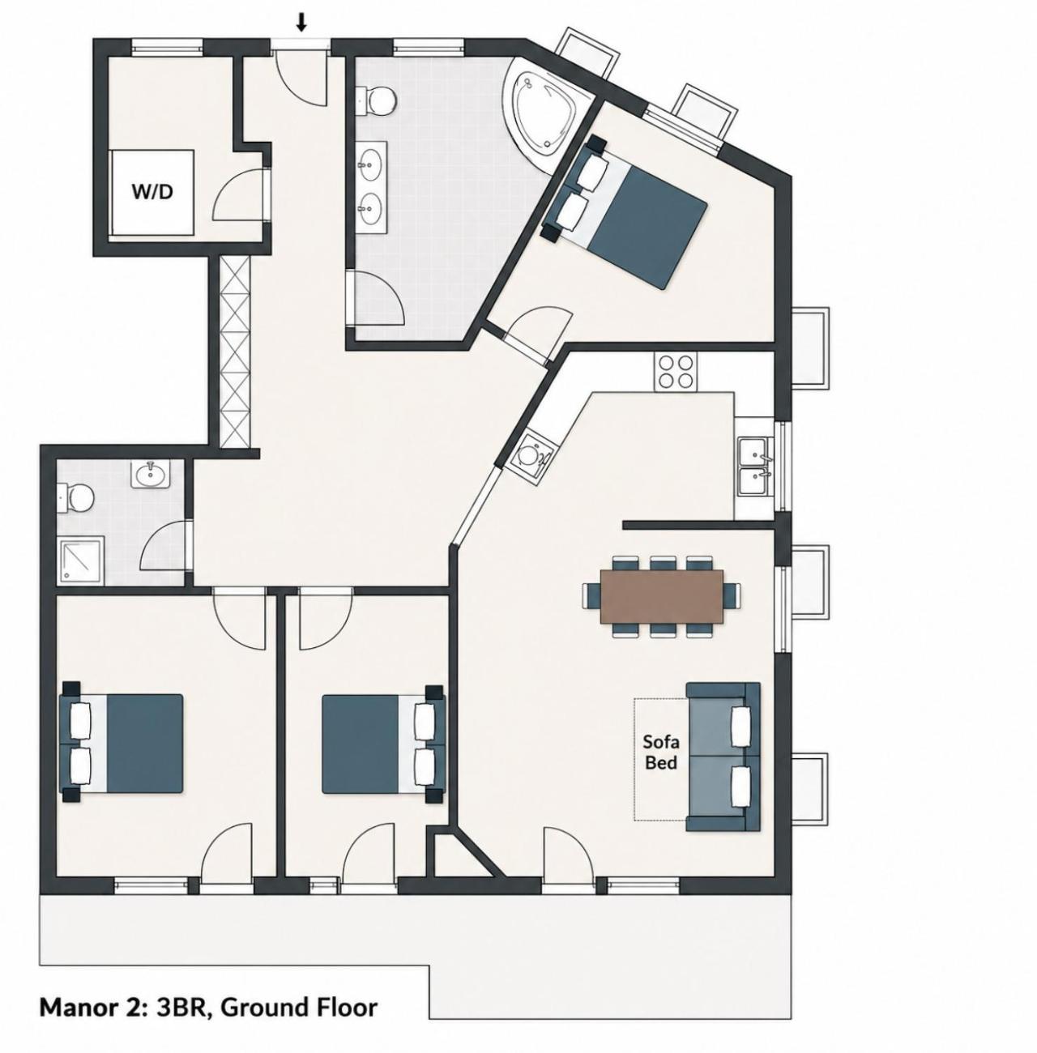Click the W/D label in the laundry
tap(152, 192)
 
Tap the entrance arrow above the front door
tap(301, 21)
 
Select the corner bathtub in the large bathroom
tap(547, 111)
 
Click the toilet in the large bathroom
tap(378, 100)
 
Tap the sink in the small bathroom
tap(151, 474)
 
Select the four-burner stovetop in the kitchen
tap(676, 372)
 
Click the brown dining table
tap(661, 596)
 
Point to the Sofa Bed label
tap(661, 752)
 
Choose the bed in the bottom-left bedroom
tap(122, 742)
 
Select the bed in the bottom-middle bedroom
tap(383, 743)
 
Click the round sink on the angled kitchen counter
tap(529, 454)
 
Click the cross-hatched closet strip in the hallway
tap(235, 352)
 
